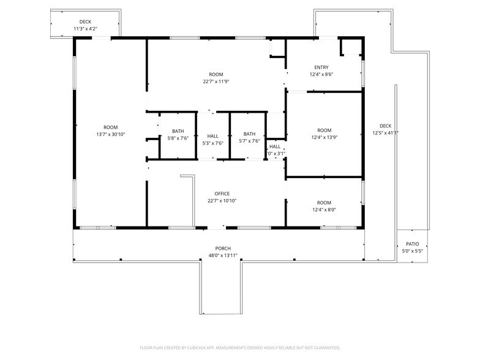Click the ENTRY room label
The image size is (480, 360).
[321, 67]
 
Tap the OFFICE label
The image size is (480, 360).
[222, 193]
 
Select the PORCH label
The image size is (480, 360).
[222, 248]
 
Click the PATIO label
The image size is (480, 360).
[412, 244]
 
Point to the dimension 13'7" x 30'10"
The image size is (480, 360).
[110, 134]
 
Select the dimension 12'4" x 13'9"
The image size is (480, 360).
[324, 138]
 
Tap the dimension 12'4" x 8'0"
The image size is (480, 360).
[324, 210]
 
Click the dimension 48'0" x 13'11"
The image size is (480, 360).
[222, 255]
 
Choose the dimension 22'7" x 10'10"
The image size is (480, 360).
[222, 201]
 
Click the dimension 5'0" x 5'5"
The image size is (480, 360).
[412, 251]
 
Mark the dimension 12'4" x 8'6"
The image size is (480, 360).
[321, 75]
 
